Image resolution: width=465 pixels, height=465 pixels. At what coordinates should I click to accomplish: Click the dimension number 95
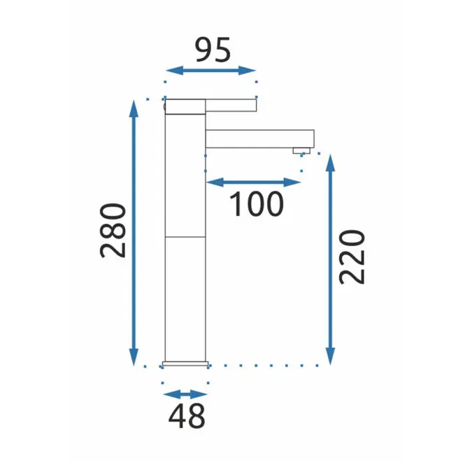[x=213, y=50]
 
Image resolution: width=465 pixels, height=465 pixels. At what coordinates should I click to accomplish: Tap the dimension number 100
[x=257, y=203]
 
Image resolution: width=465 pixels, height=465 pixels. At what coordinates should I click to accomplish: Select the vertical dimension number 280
[x=113, y=231]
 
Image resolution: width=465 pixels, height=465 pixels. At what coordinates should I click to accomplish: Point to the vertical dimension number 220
[x=352, y=257]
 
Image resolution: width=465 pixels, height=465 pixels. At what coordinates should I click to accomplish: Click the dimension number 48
[x=187, y=415]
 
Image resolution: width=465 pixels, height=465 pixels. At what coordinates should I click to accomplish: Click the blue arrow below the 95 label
[x=210, y=71]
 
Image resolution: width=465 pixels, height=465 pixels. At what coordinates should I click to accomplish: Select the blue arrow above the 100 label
[x=254, y=183]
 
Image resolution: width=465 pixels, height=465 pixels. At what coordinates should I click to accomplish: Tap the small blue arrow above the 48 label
[x=185, y=394]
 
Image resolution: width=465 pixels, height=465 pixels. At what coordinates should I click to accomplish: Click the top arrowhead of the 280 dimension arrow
[x=134, y=108]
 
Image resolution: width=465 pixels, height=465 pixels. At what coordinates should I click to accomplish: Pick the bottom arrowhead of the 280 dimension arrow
[x=134, y=357]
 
